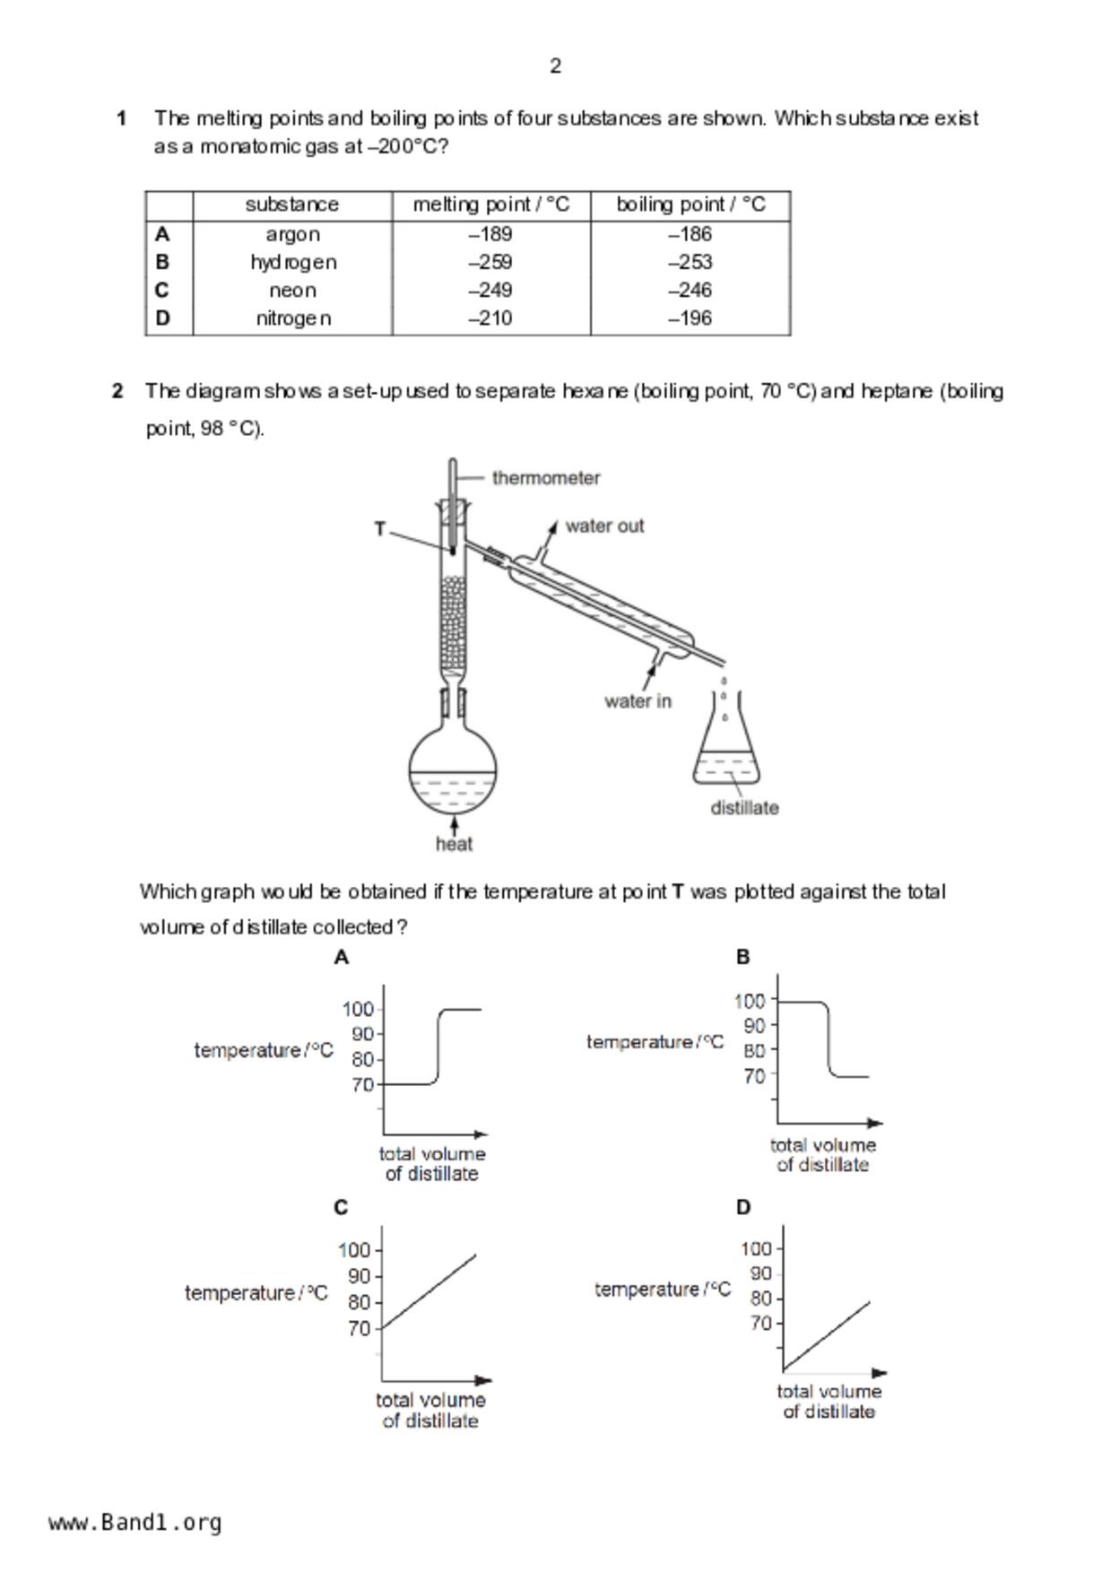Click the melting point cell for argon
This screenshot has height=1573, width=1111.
(x=490, y=234)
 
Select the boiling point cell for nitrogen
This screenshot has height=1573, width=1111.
(x=690, y=318)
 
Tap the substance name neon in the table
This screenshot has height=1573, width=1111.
(x=292, y=291)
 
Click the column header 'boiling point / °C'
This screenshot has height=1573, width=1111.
(x=690, y=204)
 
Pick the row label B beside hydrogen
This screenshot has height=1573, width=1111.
(x=162, y=262)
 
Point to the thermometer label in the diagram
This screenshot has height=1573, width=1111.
(x=546, y=478)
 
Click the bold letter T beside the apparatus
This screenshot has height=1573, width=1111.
(x=380, y=529)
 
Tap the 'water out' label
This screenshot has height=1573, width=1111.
(x=604, y=526)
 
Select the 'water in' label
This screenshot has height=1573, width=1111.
(x=638, y=701)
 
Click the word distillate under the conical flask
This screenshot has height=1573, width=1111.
(x=744, y=808)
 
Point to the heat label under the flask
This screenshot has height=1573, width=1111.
(x=454, y=844)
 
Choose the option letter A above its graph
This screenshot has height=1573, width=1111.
(x=342, y=958)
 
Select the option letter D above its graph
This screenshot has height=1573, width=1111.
(x=743, y=1208)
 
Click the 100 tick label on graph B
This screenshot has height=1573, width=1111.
(x=750, y=1001)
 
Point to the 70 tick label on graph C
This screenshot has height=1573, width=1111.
(x=359, y=1329)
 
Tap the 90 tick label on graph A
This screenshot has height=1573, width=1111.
(x=362, y=1034)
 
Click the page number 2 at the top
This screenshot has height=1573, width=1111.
(x=556, y=66)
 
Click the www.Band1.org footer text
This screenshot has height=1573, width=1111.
(x=135, y=1523)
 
